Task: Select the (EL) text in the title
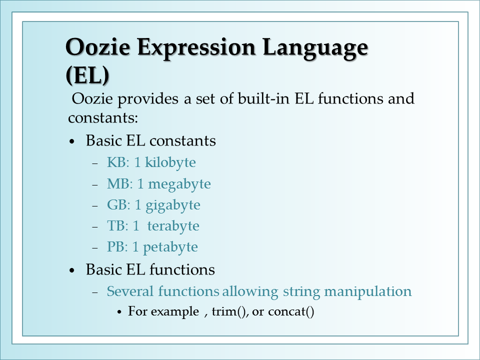[87, 75]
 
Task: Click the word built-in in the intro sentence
[263, 98]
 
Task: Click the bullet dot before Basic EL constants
[72, 141]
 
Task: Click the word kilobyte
[170, 162]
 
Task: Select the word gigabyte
[173, 205]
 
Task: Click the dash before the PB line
[95, 247]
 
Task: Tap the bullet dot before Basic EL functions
[72, 270]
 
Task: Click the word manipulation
[368, 291]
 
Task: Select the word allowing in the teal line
[250, 291]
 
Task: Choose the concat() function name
[291, 312]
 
